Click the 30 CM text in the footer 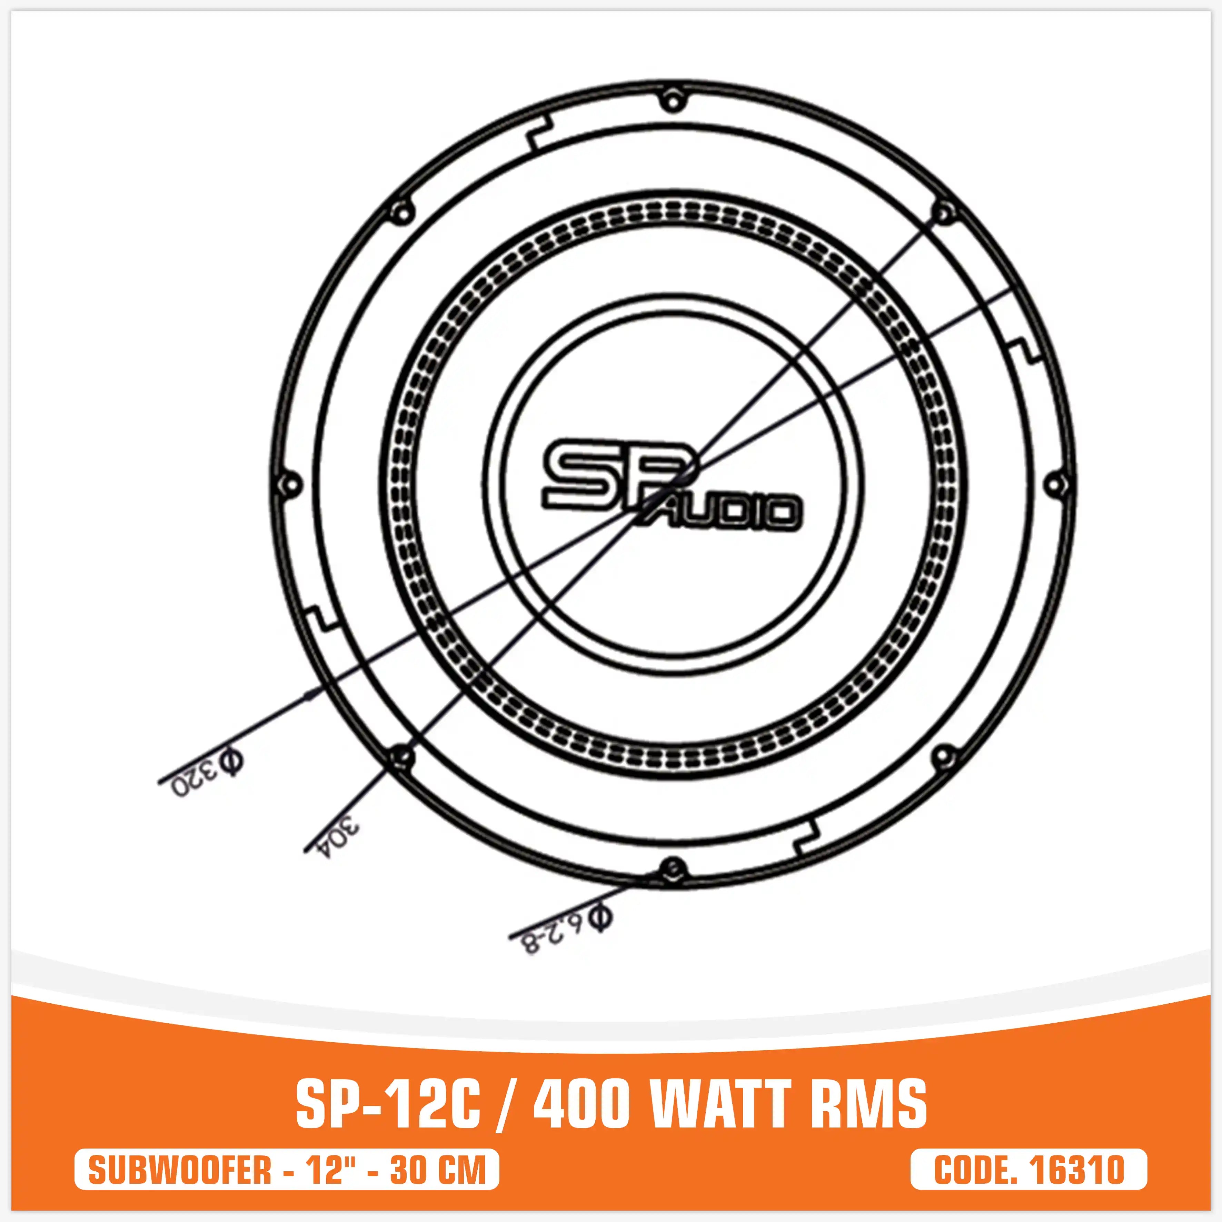click(x=438, y=1170)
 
